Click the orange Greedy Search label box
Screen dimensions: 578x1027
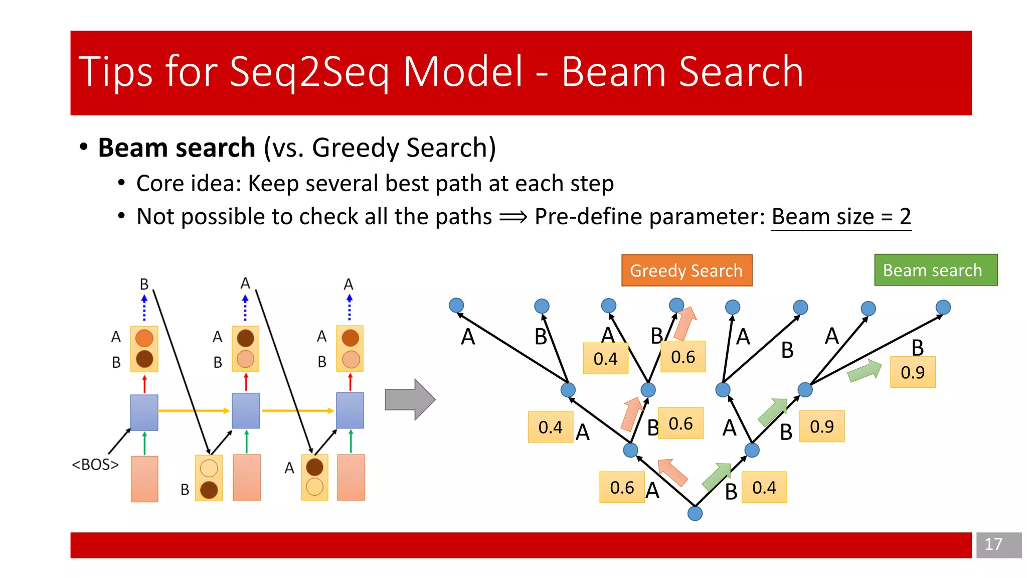point(687,270)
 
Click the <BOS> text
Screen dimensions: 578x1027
point(95,465)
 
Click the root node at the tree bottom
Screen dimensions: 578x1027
point(695,513)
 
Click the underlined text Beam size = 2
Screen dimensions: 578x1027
point(841,217)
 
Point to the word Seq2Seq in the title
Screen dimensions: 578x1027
point(308,72)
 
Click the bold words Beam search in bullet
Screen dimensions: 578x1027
point(177,148)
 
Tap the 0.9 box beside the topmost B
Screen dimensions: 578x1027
point(912,372)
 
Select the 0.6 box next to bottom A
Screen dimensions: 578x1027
point(621,487)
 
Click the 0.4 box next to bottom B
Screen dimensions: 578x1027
point(764,487)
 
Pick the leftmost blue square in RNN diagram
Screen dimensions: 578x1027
point(144,412)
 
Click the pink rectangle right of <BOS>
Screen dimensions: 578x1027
point(144,479)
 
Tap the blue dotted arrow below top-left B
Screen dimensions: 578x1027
point(144,308)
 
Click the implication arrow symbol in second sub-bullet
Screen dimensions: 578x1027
point(513,217)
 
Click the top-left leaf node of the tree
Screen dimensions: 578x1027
point(456,305)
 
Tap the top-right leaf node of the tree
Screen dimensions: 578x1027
point(943,307)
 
